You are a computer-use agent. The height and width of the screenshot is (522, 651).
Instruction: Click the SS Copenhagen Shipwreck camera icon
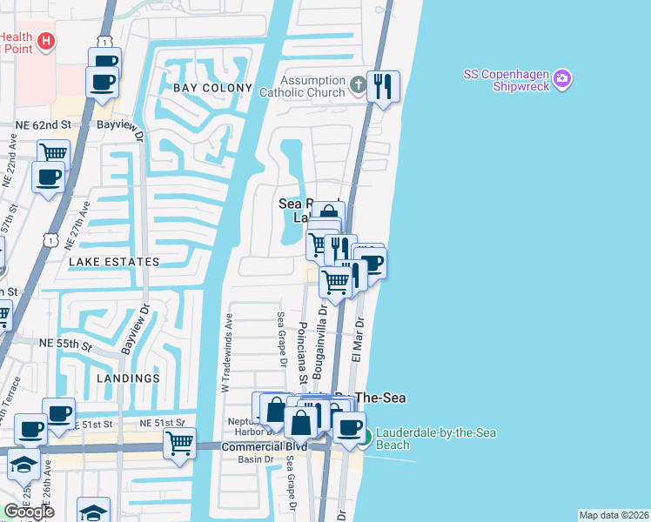tap(563, 79)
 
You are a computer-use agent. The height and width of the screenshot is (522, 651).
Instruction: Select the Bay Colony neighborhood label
tap(212, 89)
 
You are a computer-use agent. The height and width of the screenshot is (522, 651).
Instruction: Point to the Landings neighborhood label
tap(129, 378)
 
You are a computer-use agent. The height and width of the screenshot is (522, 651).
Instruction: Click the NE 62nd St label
tap(44, 125)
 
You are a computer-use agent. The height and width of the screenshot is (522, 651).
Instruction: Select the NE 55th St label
tap(65, 345)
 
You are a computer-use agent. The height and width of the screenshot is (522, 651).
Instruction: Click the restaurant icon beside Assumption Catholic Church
tap(383, 85)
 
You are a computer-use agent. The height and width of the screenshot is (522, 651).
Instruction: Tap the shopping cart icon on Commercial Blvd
tap(179, 441)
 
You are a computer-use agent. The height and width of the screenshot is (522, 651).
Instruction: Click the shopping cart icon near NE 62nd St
tap(53, 151)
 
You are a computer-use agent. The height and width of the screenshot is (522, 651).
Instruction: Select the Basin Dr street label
tap(251, 459)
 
